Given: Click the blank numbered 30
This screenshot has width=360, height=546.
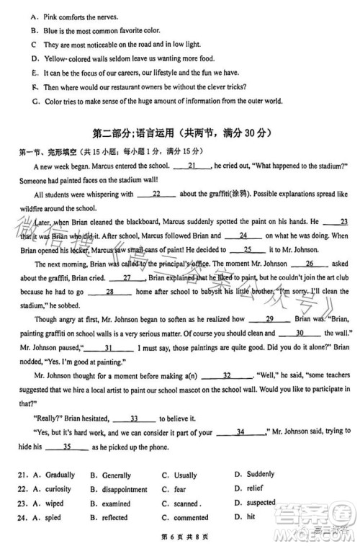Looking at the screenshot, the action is coord(298,333).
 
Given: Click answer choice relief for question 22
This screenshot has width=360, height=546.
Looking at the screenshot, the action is coord(256,489).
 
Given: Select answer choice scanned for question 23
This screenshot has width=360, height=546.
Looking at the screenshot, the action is coord(186,504).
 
